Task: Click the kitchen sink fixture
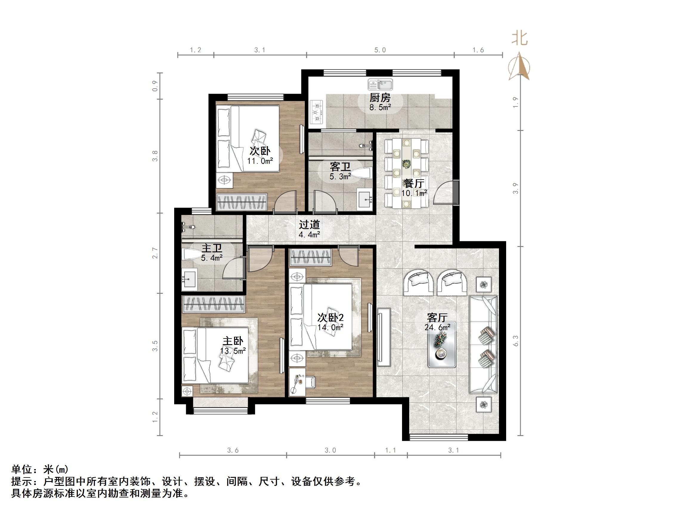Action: tap(380, 84)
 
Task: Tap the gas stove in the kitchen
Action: tap(317, 112)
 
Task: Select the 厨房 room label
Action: tap(380, 98)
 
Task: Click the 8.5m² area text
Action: tap(380, 107)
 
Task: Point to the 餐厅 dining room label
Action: tap(414, 183)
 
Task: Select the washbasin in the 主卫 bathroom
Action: tap(189, 279)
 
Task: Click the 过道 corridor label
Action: tap(309, 224)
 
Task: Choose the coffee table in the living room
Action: tap(442, 344)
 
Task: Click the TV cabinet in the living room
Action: tap(384, 337)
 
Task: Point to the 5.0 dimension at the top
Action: tap(380, 50)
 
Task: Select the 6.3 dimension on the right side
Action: tap(516, 341)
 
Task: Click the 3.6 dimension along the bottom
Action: tap(233, 450)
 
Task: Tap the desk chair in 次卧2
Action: tap(311, 382)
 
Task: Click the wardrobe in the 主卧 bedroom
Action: tap(213, 304)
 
